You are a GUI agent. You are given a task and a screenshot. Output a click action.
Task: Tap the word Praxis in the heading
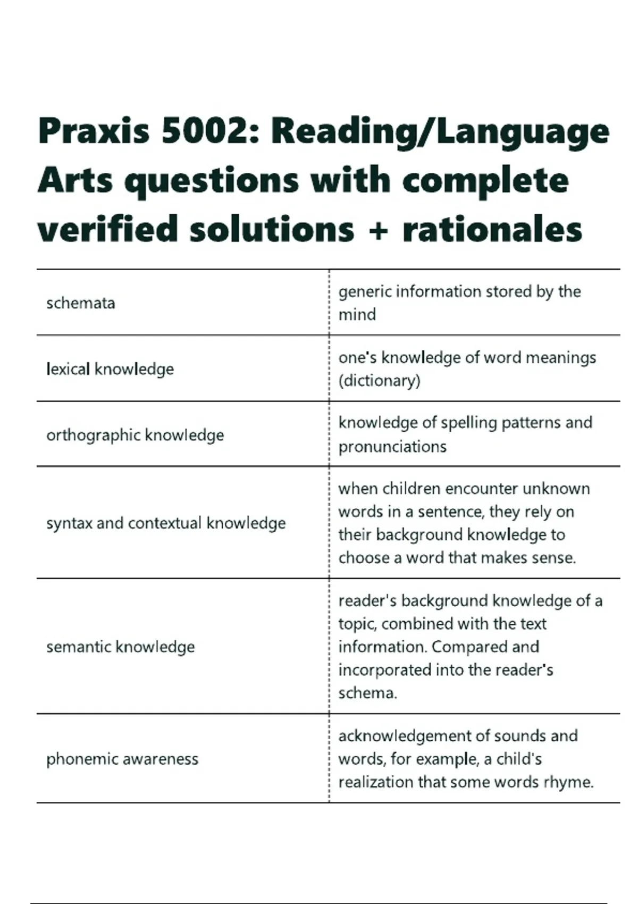pyautogui.click(x=94, y=131)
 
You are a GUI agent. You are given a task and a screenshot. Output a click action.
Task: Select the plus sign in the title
pyautogui.click(x=378, y=230)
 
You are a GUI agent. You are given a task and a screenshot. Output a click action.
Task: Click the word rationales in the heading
pyautogui.click(x=492, y=230)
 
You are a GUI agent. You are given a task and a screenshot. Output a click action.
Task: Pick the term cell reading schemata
pyautogui.click(x=81, y=303)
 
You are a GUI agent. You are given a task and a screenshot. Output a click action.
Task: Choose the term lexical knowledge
pyautogui.click(x=110, y=369)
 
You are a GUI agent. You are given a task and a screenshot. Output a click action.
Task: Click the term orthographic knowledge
pyautogui.click(x=135, y=435)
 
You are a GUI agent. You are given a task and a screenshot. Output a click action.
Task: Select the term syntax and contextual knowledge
pyautogui.click(x=166, y=523)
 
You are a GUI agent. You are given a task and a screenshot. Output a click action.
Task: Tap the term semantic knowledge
pyautogui.click(x=121, y=647)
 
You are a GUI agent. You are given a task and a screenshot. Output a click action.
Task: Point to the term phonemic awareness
pyautogui.click(x=122, y=759)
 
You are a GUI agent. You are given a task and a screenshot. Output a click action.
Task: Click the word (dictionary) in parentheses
pyautogui.click(x=380, y=381)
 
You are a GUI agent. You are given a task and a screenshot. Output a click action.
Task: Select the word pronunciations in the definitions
pyautogui.click(x=392, y=447)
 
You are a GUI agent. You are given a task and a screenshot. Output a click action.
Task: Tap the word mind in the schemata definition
pyautogui.click(x=357, y=315)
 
